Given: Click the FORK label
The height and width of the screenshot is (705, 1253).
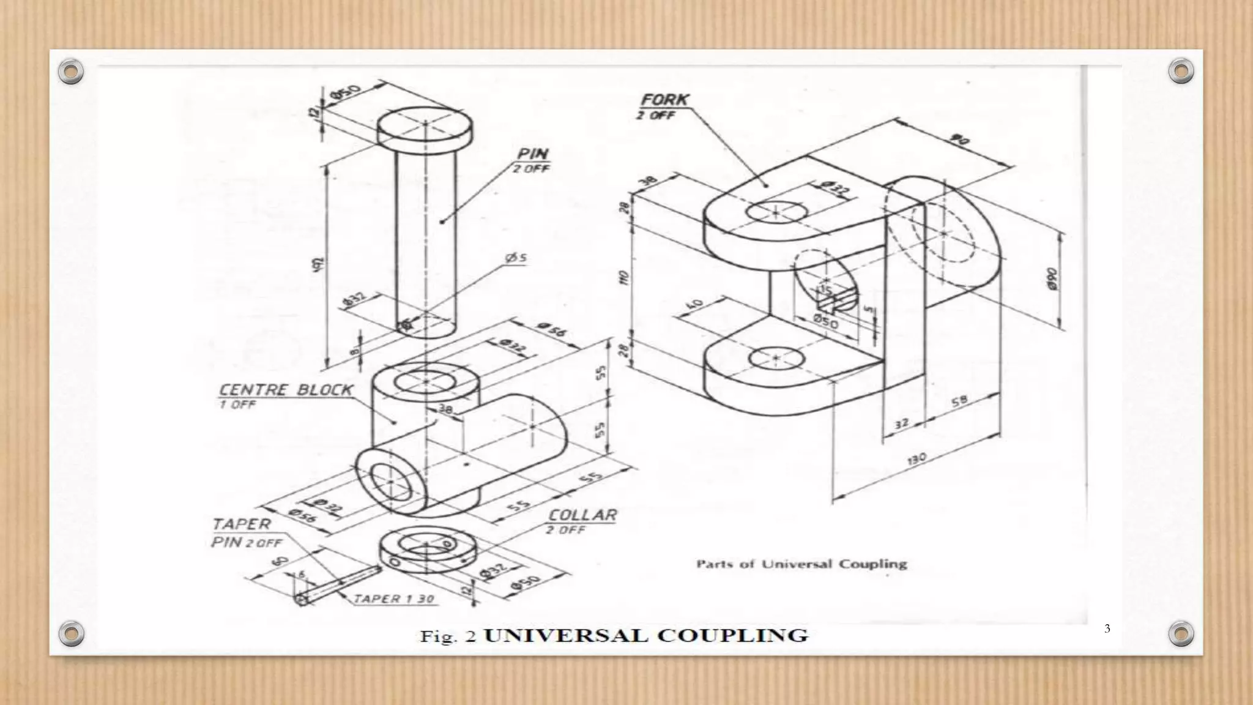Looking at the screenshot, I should (x=664, y=100).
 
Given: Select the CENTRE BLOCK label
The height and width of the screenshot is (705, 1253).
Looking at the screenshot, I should (x=286, y=390).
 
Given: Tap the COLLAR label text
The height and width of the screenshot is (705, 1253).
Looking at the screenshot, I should (x=582, y=515).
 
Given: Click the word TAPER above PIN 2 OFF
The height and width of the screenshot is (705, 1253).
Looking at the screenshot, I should (x=241, y=524).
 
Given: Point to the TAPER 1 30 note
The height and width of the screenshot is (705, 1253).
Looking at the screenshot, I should (x=395, y=599).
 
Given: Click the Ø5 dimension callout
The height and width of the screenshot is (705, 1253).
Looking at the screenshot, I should (x=516, y=258).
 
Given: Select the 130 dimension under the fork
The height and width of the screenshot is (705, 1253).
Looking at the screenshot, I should (x=917, y=458).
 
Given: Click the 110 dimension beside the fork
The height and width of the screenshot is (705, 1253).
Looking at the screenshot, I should (x=623, y=278).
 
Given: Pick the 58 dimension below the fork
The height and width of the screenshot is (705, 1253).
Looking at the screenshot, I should (x=960, y=401).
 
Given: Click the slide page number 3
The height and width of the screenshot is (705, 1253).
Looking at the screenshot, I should (x=1107, y=629).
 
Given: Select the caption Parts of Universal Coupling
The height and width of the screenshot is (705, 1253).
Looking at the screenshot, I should (x=801, y=564).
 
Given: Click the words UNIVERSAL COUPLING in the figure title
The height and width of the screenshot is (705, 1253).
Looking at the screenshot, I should (x=646, y=635).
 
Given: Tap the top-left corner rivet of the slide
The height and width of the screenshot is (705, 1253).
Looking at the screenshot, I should (x=71, y=72).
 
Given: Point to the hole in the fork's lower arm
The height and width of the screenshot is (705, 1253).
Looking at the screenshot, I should (x=776, y=358).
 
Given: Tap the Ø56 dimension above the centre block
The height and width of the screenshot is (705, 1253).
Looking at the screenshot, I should (x=552, y=331).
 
